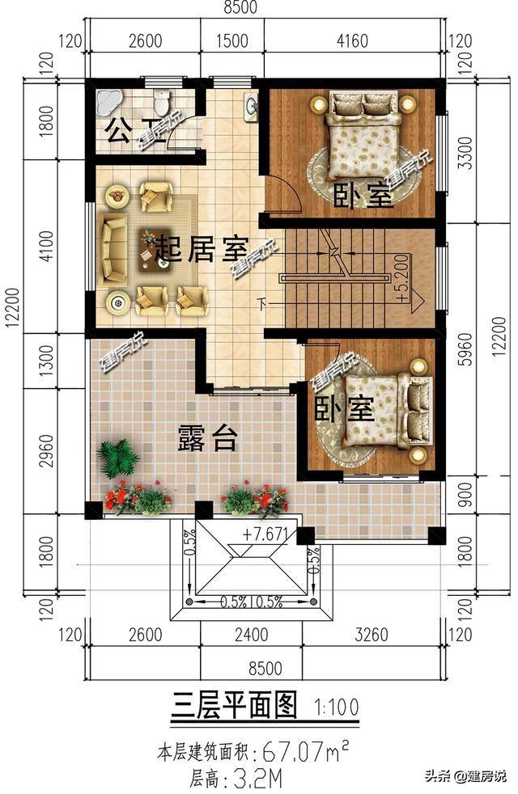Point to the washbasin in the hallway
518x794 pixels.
pyautogui.click(x=250, y=106)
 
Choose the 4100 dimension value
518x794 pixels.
pyautogui.click(x=45, y=246)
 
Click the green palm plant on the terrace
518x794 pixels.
pyautogui.click(x=117, y=458)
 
